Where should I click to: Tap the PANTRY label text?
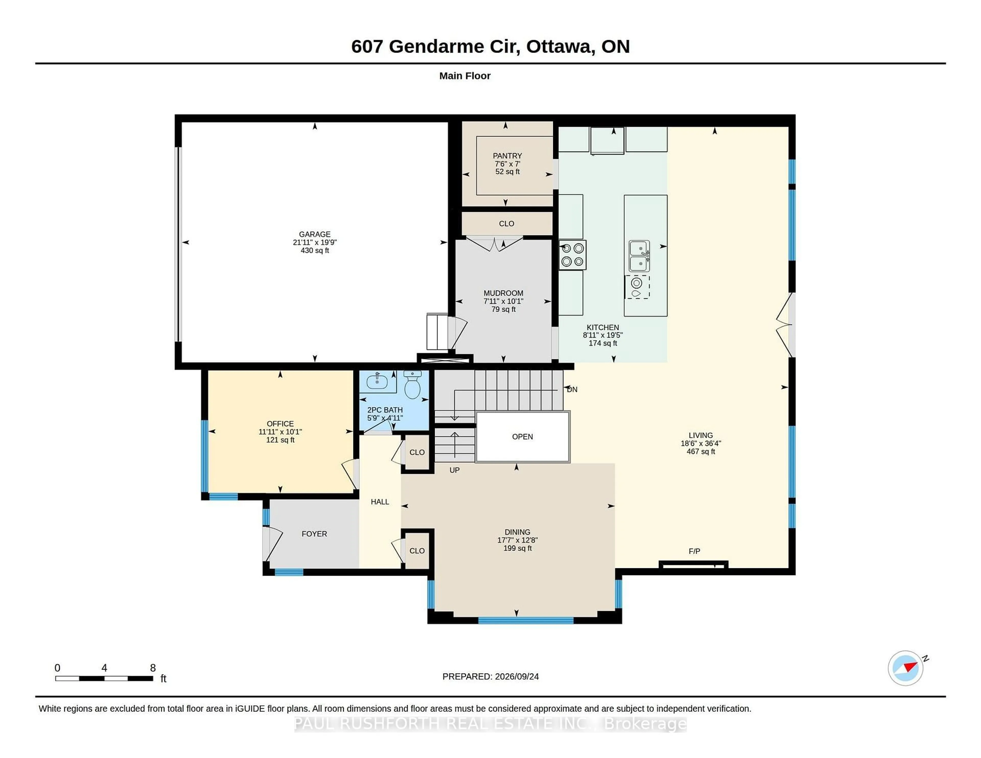(x=507, y=156)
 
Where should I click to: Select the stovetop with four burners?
(x=572, y=255)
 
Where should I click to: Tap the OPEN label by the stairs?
(x=522, y=436)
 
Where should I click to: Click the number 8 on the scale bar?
(x=153, y=668)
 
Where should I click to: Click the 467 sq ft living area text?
(x=701, y=451)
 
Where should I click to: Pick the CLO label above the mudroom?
(x=506, y=224)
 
